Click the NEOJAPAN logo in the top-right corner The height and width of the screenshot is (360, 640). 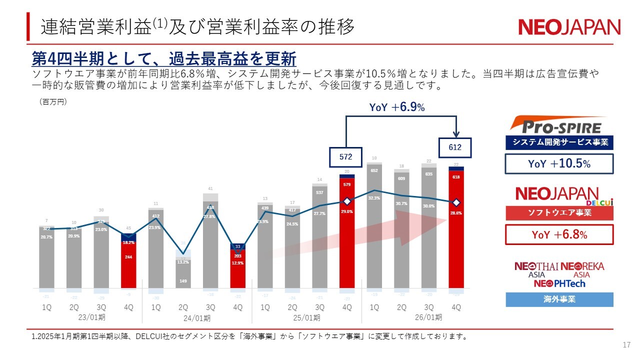[569, 27]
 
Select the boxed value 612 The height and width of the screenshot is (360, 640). [455, 147]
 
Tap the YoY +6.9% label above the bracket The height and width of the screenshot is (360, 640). [397, 107]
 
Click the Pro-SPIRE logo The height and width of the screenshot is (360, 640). [559, 125]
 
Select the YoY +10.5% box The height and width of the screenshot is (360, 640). [559, 164]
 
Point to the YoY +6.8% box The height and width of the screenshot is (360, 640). [559, 234]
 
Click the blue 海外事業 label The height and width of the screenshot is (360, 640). [559, 299]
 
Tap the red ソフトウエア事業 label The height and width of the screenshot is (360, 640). [559, 213]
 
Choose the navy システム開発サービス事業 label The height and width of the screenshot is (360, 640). [559, 142]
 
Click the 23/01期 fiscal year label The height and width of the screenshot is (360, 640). [87, 317]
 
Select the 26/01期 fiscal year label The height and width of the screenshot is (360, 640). [428, 317]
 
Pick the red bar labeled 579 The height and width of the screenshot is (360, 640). [347, 235]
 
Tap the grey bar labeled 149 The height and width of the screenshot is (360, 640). [183, 275]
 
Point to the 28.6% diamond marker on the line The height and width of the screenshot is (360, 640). [456, 202]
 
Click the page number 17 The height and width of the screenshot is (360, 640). [626, 345]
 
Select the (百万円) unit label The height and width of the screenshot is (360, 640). [53, 101]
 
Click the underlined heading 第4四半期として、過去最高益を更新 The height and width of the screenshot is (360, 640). [164, 59]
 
